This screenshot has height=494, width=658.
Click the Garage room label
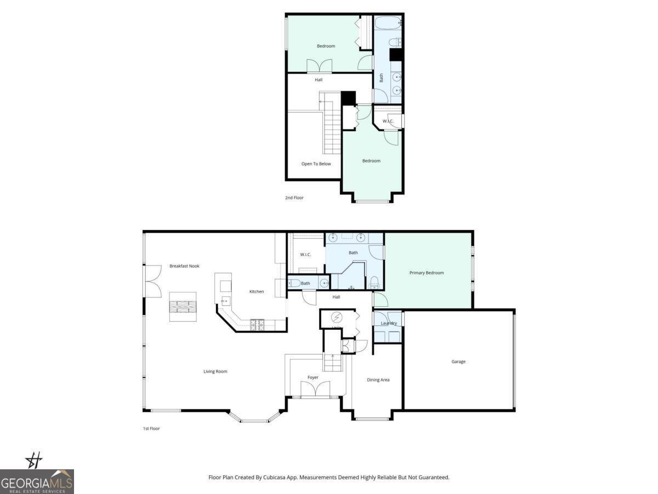tap(458, 362)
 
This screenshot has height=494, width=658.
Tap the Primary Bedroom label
tap(427, 273)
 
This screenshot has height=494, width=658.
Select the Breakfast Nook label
tap(184, 266)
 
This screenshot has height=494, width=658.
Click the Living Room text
tap(215, 372)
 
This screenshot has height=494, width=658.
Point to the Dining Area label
tap(378, 380)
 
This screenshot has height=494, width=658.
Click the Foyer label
tap(313, 378)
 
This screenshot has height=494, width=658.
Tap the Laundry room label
tap(388, 323)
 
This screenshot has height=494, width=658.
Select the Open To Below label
tap(316, 164)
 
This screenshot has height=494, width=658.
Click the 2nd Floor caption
tap(294, 198)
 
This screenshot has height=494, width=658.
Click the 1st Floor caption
tap(151, 428)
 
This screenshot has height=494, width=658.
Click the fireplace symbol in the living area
tap(183, 307)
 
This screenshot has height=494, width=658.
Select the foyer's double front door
tap(316, 390)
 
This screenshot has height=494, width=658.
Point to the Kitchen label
tap(257, 291)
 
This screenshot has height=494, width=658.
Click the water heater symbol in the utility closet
tap(337, 317)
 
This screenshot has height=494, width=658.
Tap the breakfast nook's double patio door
tap(152, 280)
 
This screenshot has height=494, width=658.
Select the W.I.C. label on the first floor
tap(305, 255)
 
